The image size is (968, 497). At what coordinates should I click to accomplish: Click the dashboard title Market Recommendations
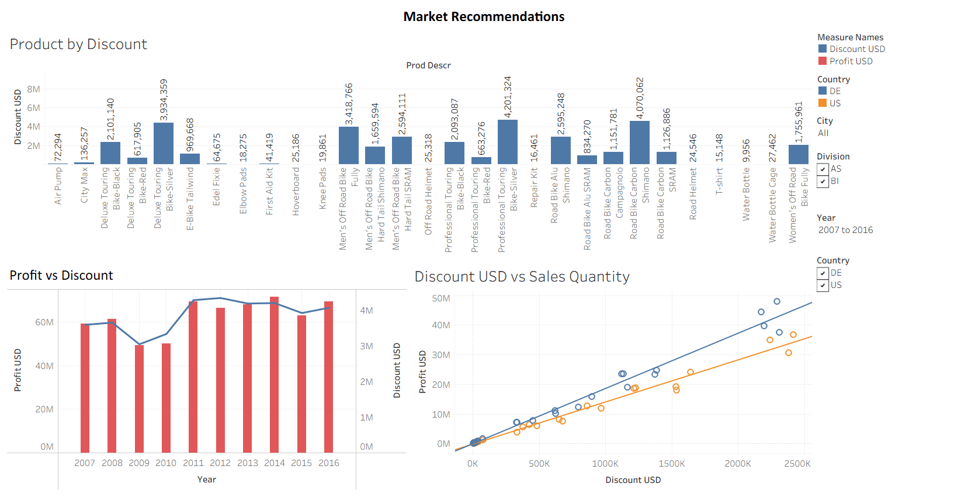pos(484,17)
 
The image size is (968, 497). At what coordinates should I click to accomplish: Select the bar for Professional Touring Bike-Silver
pos(507,142)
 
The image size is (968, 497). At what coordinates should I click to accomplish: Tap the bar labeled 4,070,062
pos(639,143)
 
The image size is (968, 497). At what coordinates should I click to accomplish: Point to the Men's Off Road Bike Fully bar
pos(349,145)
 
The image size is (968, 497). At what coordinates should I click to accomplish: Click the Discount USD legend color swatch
pos(823,49)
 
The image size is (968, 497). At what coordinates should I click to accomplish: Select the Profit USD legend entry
pos(851,61)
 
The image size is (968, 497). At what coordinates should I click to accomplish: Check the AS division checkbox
pos(823,169)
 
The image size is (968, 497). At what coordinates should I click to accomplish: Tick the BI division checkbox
pos(823,181)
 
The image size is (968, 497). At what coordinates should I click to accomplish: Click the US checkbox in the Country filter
pos(823,285)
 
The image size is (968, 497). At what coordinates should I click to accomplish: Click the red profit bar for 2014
pos(275,374)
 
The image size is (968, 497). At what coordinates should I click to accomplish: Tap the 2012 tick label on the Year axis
pos(220,463)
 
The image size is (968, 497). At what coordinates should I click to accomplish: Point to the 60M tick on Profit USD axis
pos(44,322)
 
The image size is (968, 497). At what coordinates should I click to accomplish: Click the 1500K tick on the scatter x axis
pos(672,464)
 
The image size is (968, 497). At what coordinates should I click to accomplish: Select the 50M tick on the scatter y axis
pos(441,298)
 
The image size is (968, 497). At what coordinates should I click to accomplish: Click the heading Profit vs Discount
pos(61,276)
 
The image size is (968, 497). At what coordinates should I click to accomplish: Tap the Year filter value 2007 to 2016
pos(845,230)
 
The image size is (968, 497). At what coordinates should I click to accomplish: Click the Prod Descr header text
pos(428,65)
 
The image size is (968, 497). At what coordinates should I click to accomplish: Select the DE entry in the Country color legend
pos(835,91)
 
